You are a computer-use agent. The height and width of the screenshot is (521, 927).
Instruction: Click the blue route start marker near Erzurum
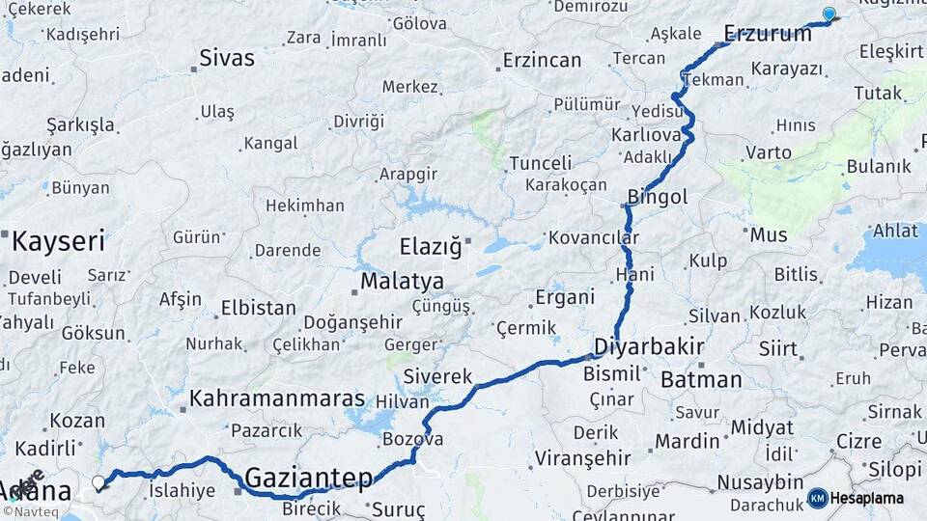click(x=829, y=14)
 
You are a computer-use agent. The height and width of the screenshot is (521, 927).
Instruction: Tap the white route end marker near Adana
click(x=98, y=481)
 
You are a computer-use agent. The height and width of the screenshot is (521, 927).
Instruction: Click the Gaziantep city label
click(x=308, y=477)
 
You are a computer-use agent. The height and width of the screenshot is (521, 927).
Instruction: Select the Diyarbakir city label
click(x=648, y=346)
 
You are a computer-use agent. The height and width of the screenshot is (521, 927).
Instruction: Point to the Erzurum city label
click(x=768, y=34)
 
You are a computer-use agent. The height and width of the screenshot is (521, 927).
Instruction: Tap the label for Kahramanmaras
click(x=277, y=398)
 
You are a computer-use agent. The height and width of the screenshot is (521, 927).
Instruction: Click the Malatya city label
click(x=402, y=282)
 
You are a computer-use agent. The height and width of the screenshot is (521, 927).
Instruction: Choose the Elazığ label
click(x=431, y=246)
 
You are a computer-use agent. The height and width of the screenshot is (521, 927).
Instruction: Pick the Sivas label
click(x=227, y=58)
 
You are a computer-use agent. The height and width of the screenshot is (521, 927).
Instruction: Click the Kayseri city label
click(x=57, y=240)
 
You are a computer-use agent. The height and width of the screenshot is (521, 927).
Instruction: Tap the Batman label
click(x=701, y=379)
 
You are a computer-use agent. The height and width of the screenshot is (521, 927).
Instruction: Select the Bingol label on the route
click(x=657, y=197)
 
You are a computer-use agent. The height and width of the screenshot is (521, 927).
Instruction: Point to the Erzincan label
click(x=542, y=60)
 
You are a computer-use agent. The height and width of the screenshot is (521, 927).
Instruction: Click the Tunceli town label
click(x=540, y=163)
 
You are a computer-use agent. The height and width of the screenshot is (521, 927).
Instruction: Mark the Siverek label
click(x=437, y=375)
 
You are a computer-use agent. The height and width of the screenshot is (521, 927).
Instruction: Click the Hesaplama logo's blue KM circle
click(x=817, y=498)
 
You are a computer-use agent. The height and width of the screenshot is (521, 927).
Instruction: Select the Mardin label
click(x=687, y=441)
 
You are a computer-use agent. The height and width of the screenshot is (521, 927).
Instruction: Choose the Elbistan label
click(x=258, y=309)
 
